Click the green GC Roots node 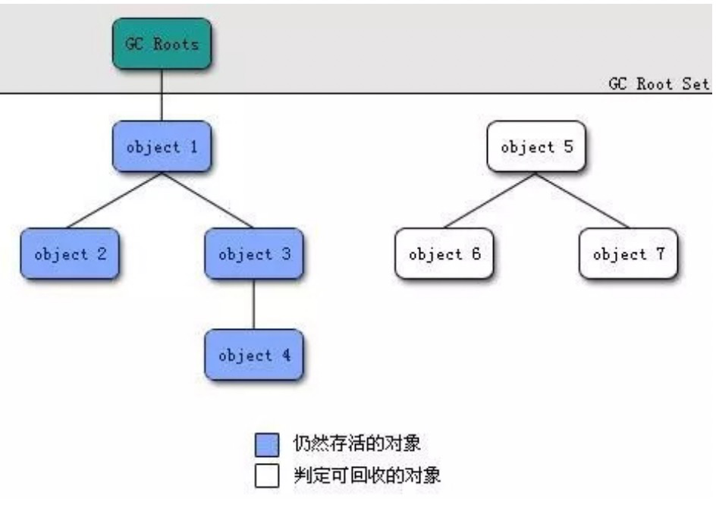click(x=162, y=44)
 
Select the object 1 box click(x=162, y=146)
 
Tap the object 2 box click(x=69, y=254)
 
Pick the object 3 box click(x=253, y=254)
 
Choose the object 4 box click(x=253, y=355)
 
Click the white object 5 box click(x=536, y=146)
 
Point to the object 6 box click(x=444, y=254)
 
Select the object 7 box click(x=628, y=254)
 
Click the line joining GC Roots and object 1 click(x=162, y=95)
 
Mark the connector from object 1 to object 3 click(x=206, y=200)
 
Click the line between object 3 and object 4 click(x=253, y=304)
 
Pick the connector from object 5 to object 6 click(x=490, y=200)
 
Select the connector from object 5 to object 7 click(x=583, y=200)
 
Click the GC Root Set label click(x=658, y=83)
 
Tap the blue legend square click(x=267, y=445)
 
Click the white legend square click(x=267, y=477)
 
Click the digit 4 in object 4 click(x=286, y=355)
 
